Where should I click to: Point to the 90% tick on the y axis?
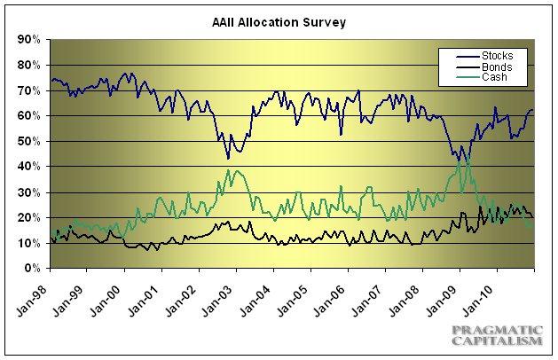pyautogui.click(x=30, y=40)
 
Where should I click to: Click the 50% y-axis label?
pyautogui.click(x=30, y=141)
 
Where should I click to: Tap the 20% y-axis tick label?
pyautogui.click(x=30, y=217)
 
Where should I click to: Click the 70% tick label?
pyautogui.click(x=30, y=90)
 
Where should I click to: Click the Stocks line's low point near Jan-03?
pyautogui.click(x=228, y=158)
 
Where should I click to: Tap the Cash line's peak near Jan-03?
pyautogui.click(x=229, y=170)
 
